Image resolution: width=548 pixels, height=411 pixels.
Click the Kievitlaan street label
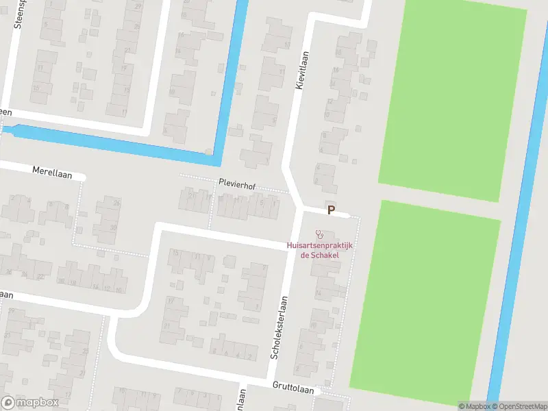pyautogui.click(x=300, y=70)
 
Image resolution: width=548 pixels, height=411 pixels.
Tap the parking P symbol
pyautogui.click(x=332, y=210)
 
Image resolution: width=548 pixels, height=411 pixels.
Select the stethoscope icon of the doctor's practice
pyautogui.click(x=319, y=234)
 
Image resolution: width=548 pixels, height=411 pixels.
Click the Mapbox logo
pyautogui.click(x=30, y=402)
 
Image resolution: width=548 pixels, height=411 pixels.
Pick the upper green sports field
pyautogui.click(x=452, y=96)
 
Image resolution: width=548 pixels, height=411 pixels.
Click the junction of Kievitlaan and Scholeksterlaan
pyautogui.click(x=299, y=206)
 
